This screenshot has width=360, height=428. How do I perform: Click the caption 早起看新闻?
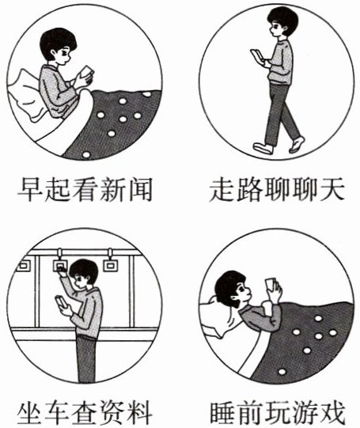tap(85, 189)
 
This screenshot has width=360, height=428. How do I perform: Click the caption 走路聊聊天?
tap(277, 189)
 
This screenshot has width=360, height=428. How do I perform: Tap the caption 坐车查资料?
tap(85, 413)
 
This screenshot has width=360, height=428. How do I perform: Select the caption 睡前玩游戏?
tap(277, 413)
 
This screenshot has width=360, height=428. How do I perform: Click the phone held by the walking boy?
tap(257, 55)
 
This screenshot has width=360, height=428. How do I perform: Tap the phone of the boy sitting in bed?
tap(87, 71)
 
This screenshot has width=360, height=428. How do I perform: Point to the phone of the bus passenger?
tap(61, 301)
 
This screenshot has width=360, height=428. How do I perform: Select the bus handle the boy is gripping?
tap(60, 263)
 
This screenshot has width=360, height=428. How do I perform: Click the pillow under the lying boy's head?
tap(221, 318)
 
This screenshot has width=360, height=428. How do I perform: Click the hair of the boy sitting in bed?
tap(57, 42)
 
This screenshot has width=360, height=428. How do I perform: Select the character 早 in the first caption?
tap(29, 190)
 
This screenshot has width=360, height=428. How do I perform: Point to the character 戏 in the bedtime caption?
tap(332, 413)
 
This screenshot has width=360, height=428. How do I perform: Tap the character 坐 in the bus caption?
tap(29, 413)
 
